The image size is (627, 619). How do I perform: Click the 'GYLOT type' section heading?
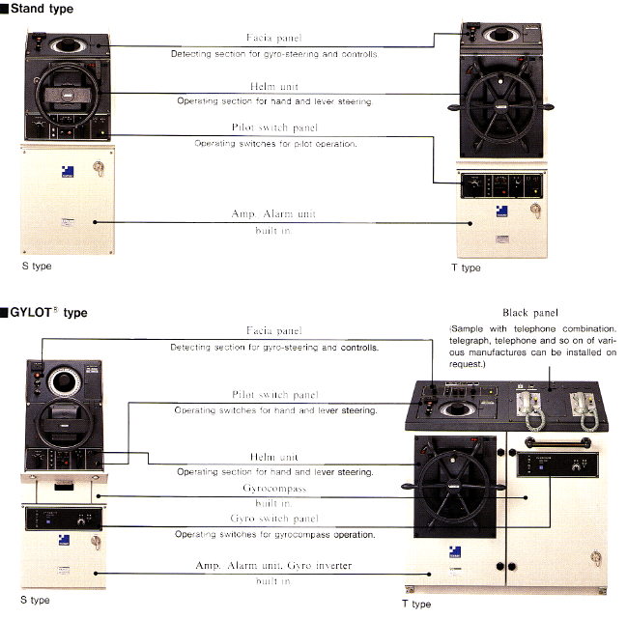tap(48, 313)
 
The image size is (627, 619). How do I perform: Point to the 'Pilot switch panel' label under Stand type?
tap(274, 128)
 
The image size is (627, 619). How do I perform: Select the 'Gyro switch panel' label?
tap(274, 520)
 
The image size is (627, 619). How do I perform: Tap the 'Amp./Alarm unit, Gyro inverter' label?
tap(274, 568)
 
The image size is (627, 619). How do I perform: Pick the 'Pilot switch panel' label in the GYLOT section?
tap(274, 395)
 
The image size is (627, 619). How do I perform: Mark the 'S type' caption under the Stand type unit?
tap(36, 266)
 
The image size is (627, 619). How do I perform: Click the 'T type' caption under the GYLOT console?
tap(415, 605)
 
